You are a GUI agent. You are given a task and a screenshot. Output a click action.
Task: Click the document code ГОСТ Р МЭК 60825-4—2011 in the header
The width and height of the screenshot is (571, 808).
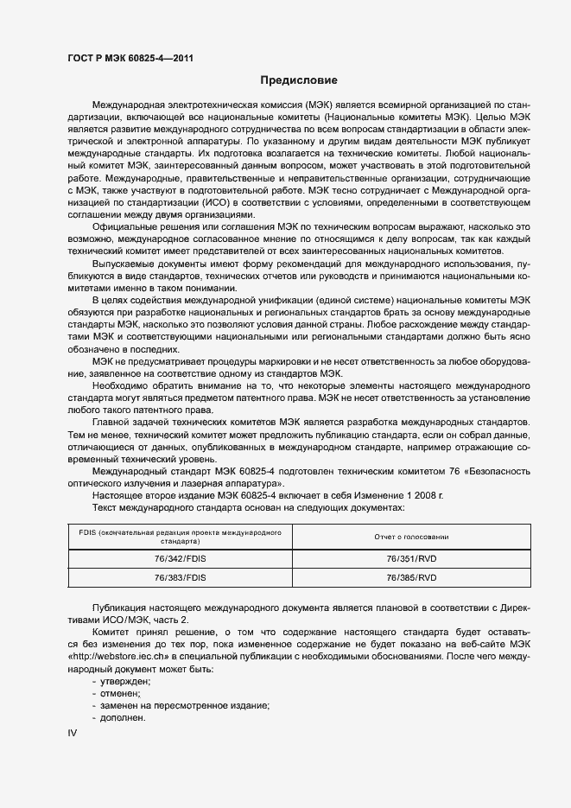pos(130,59)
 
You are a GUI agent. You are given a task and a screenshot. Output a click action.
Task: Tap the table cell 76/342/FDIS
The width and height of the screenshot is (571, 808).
pos(180,559)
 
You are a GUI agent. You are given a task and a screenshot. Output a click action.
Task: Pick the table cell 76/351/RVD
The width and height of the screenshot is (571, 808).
pos(411,559)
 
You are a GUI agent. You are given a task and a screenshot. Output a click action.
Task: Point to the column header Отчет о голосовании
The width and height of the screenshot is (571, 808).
pos(411,537)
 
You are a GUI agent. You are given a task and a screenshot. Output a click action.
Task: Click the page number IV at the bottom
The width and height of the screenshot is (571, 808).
pos(73,733)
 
